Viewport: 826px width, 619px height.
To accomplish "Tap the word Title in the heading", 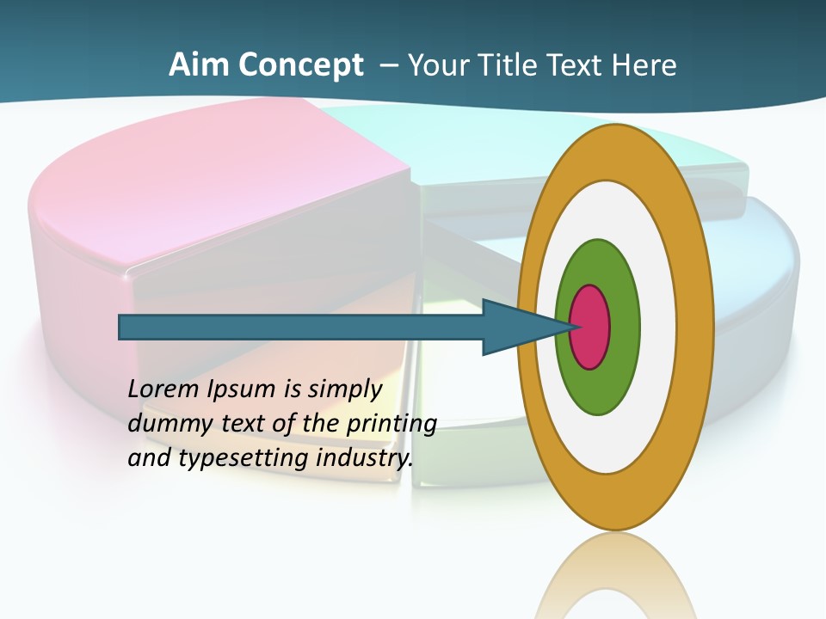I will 514,65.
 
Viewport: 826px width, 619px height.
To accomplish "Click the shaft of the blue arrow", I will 301,328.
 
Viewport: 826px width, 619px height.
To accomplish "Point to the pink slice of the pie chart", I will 215,198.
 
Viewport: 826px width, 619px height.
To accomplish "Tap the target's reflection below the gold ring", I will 615,576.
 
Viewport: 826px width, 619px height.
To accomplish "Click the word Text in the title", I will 577,65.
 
